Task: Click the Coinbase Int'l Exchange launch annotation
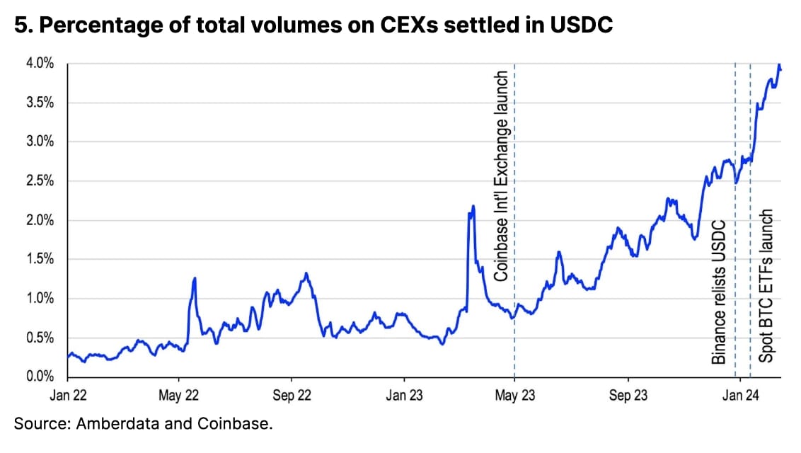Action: (501, 176)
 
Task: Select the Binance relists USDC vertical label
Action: (720, 292)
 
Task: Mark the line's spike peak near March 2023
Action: (473, 206)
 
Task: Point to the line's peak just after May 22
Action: (194, 278)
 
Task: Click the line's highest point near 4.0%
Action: (778, 66)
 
